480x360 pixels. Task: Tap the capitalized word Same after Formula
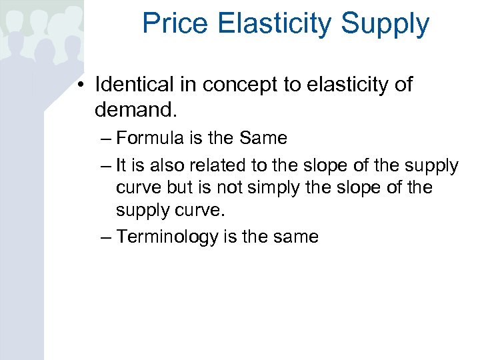(263, 139)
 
